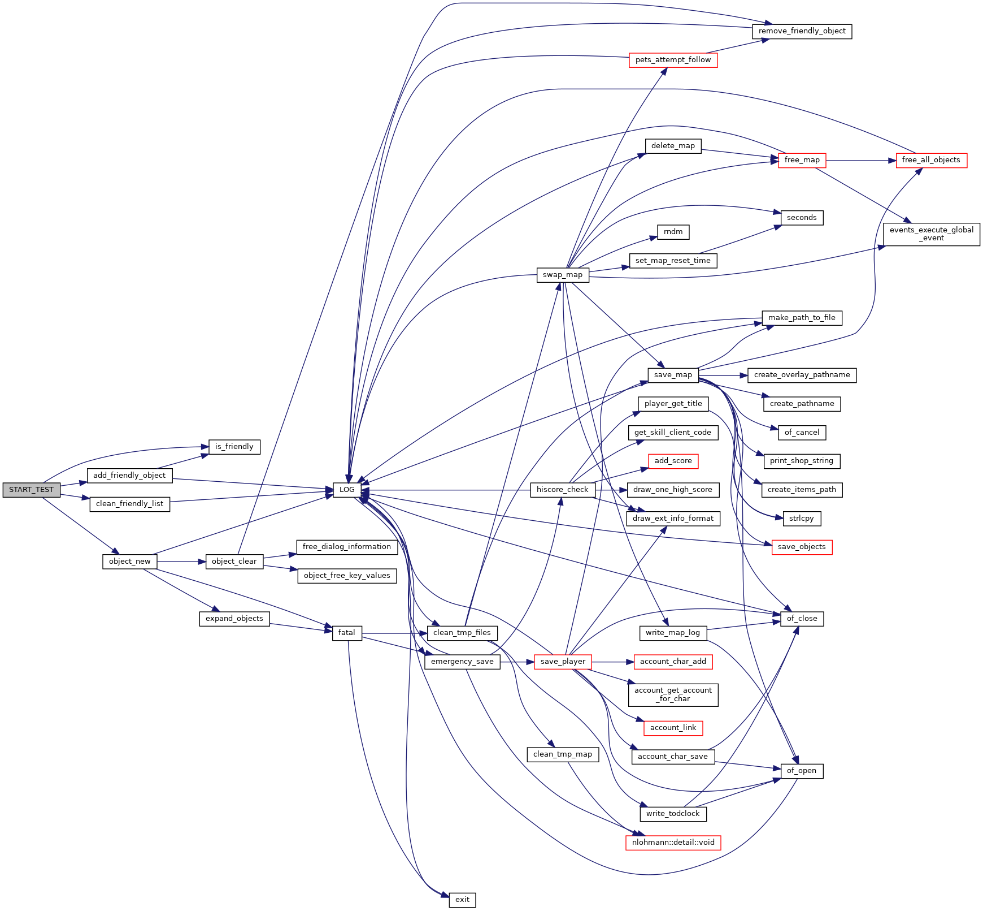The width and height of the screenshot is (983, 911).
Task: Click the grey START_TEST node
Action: pos(31,490)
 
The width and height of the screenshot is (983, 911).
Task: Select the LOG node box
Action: pos(347,490)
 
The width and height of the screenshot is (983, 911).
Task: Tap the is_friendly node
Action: pos(234,447)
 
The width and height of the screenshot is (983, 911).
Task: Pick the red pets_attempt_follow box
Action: pos(673,60)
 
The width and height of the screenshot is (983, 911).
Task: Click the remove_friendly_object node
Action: pos(802,31)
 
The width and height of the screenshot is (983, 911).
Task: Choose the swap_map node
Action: pos(562,275)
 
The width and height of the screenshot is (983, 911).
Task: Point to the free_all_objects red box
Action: pos(931,160)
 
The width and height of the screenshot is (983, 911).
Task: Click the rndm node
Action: pos(673,232)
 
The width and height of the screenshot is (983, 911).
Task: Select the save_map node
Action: pos(673,375)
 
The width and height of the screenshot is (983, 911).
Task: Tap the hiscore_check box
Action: pos(562,490)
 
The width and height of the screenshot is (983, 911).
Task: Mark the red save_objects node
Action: pos(802,547)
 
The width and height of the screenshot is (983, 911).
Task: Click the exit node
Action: pos(462,900)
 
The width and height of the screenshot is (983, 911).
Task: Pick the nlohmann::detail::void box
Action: pos(673,843)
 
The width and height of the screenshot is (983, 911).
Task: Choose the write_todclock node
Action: pos(673,814)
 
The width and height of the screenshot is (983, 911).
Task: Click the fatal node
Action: pos(347,633)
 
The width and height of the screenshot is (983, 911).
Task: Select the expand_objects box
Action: pos(234,619)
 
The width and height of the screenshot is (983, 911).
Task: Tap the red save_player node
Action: pos(562,662)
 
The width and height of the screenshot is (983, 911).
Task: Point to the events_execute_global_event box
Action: pos(931,234)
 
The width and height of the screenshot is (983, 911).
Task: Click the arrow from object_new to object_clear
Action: pos(181,562)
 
